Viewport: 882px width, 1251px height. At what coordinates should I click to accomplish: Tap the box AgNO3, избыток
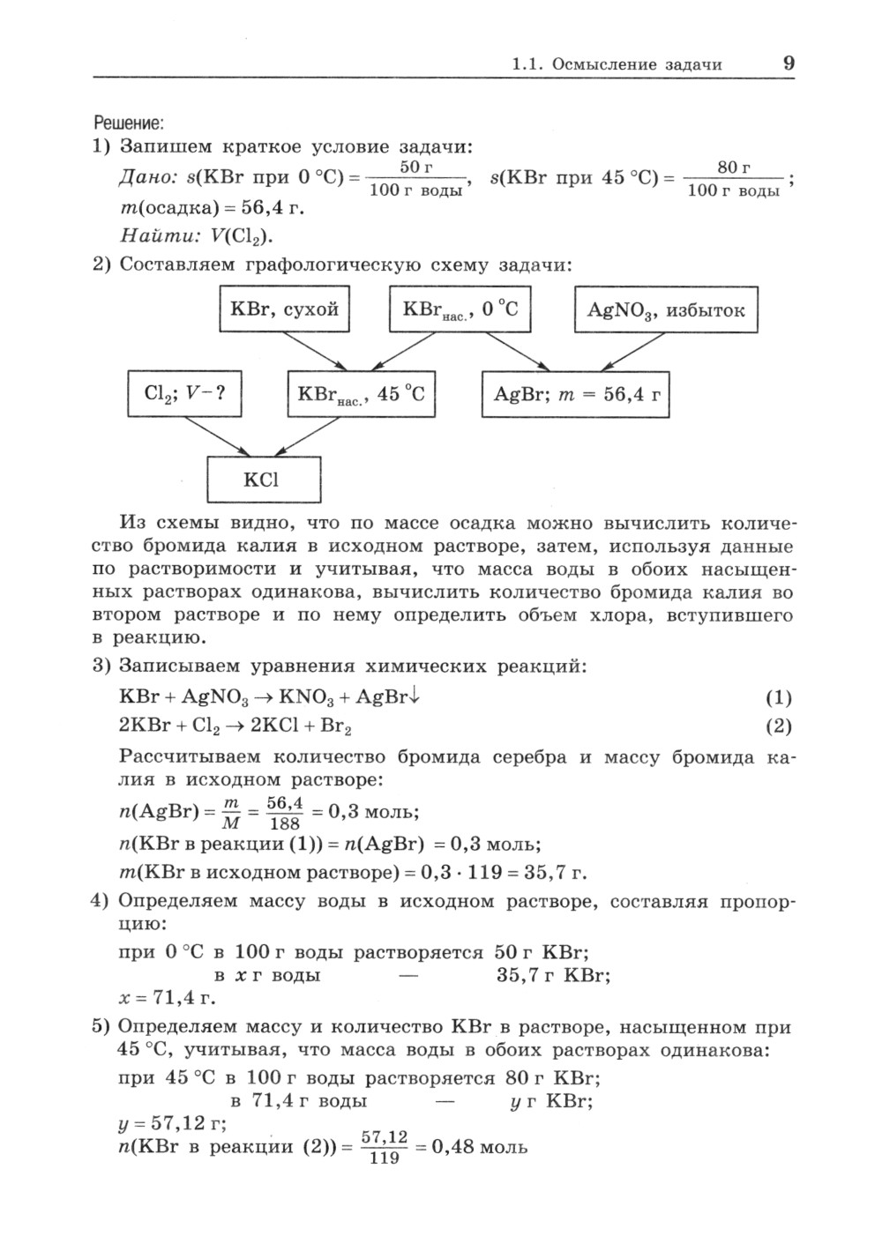click(x=666, y=309)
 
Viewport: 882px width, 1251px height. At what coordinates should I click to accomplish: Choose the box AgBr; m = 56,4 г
click(x=576, y=394)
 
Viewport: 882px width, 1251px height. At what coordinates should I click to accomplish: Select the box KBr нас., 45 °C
click(x=362, y=394)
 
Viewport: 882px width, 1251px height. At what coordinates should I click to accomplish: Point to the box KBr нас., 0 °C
click(x=460, y=309)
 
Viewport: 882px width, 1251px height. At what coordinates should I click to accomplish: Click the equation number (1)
click(x=778, y=698)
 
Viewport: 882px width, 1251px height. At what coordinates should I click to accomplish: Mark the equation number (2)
click(x=778, y=726)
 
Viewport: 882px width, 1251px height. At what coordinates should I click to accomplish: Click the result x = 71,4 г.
click(x=168, y=999)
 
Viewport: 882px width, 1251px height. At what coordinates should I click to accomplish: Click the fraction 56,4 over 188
click(x=285, y=813)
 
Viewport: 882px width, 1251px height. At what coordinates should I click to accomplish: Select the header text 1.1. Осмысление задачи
click(x=617, y=64)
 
